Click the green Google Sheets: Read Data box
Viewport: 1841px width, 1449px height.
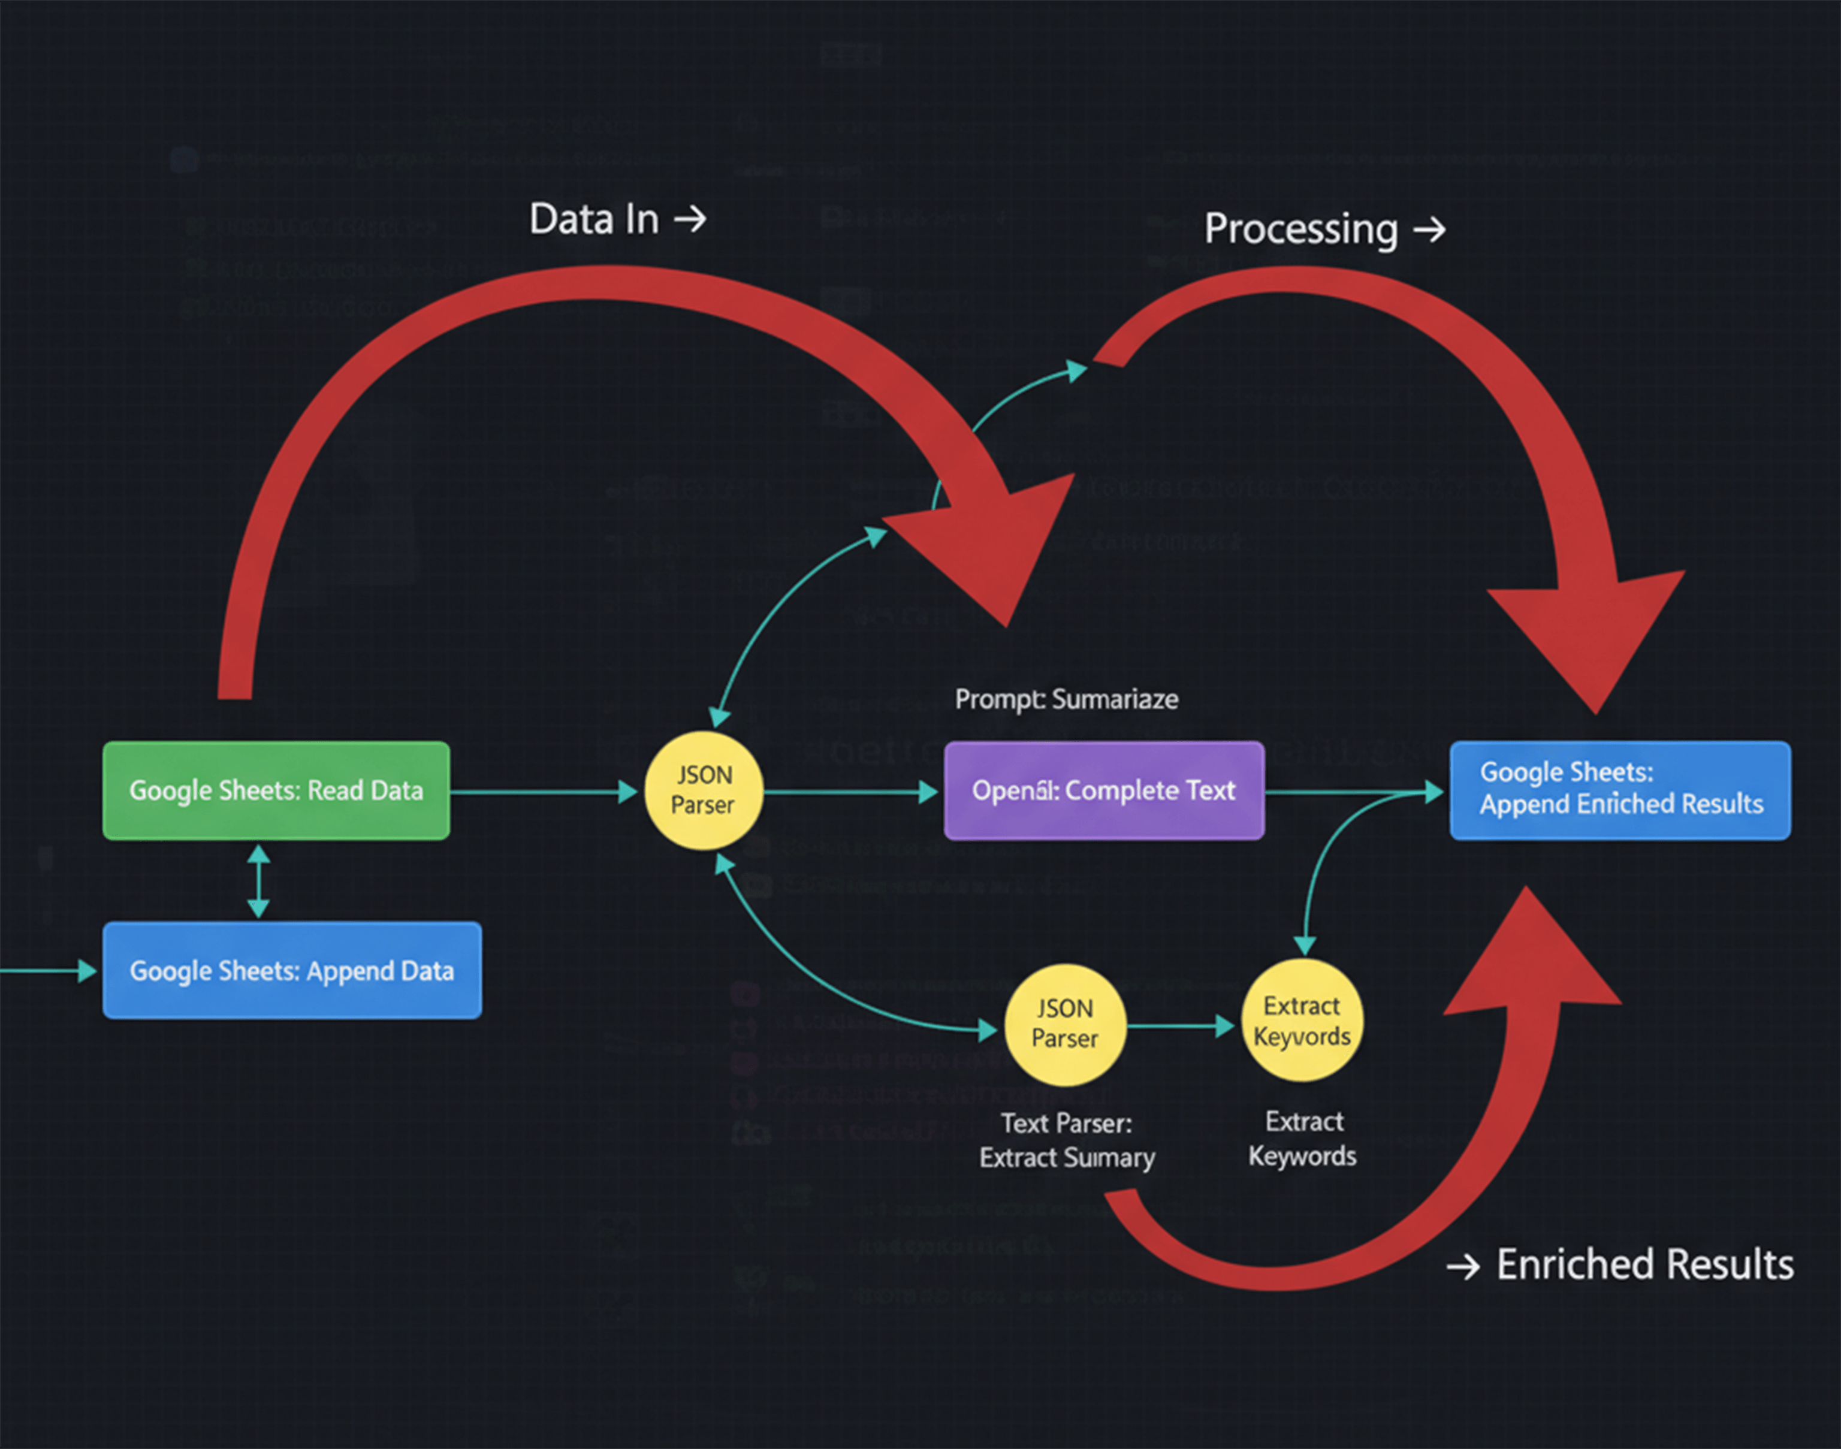[x=276, y=790]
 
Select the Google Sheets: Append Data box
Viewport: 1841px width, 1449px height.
[x=292, y=971]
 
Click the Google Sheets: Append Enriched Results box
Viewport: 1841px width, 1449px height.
[x=1620, y=790]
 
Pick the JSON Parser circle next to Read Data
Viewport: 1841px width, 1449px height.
[x=704, y=790]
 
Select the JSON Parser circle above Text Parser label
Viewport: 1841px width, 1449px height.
[x=1065, y=1024]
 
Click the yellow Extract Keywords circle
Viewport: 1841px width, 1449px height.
[x=1302, y=1021]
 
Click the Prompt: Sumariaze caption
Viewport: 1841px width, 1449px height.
[x=1066, y=699]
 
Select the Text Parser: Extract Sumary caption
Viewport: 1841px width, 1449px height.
[x=1066, y=1140]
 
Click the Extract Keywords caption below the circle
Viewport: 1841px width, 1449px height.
[x=1302, y=1139]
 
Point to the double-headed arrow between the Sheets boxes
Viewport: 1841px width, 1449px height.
[x=259, y=880]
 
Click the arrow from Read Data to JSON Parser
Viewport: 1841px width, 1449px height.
[x=543, y=792]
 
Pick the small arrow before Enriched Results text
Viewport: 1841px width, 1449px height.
[x=1463, y=1267]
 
